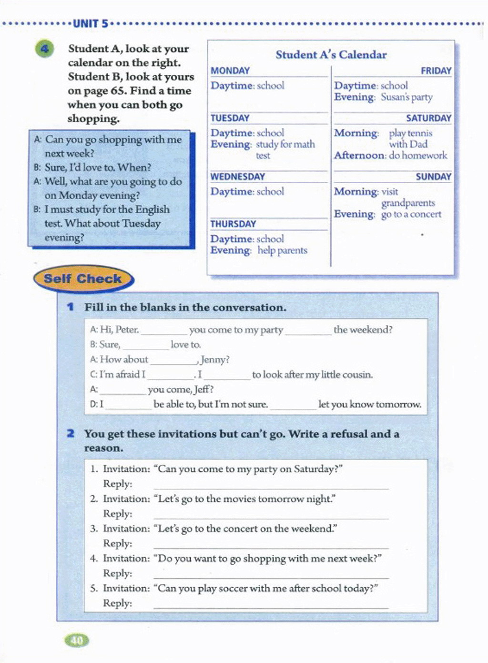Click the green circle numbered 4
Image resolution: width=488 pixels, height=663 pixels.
click(44, 49)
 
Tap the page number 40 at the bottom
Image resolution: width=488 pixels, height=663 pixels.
click(77, 640)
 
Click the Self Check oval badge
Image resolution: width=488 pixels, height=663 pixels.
click(83, 279)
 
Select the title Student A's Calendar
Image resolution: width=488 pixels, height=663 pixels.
click(331, 55)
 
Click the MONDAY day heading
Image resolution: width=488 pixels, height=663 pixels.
click(230, 71)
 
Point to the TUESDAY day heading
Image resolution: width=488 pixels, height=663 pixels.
click(230, 118)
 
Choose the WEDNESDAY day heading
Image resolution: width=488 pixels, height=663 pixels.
click(238, 176)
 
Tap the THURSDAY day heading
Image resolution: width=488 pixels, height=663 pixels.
click(234, 224)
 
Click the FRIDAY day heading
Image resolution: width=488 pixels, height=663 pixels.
click(436, 71)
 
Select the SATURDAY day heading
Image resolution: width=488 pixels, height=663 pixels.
click(428, 118)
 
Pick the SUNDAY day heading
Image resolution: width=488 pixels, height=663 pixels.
click(433, 176)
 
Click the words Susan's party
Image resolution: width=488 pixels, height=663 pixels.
click(407, 97)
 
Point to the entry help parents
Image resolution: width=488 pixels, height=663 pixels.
click(283, 250)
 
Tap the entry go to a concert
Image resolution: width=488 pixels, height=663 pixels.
click(411, 214)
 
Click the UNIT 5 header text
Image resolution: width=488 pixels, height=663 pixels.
click(91, 23)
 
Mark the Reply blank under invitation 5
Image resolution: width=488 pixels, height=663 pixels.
click(271, 605)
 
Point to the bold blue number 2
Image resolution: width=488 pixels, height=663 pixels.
click(71, 434)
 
